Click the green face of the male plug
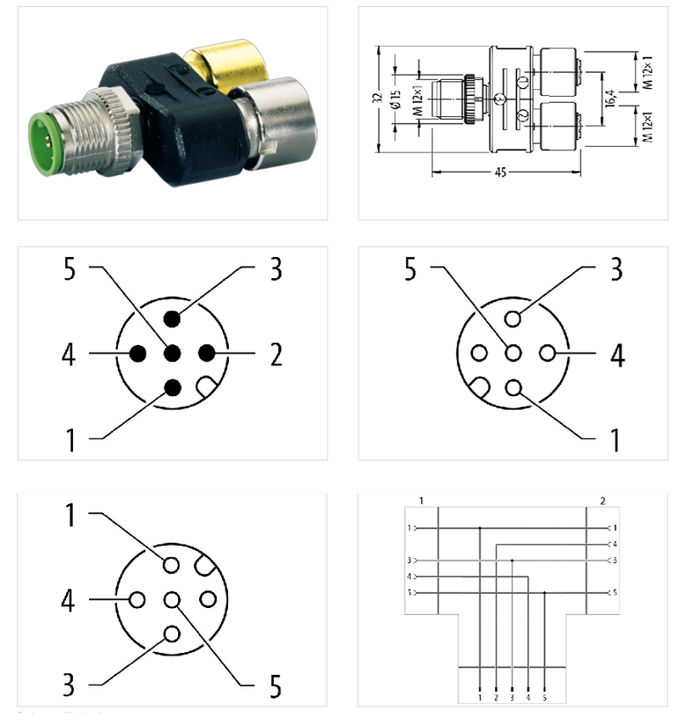pyautogui.click(x=42, y=134)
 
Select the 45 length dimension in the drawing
pyautogui.click(x=500, y=173)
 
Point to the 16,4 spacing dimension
pyautogui.click(x=609, y=99)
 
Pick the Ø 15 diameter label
pyautogui.click(x=396, y=99)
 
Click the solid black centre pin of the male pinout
pyautogui.click(x=172, y=354)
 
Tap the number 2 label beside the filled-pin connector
pyautogui.click(x=276, y=354)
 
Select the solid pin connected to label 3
pyautogui.click(x=172, y=320)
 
